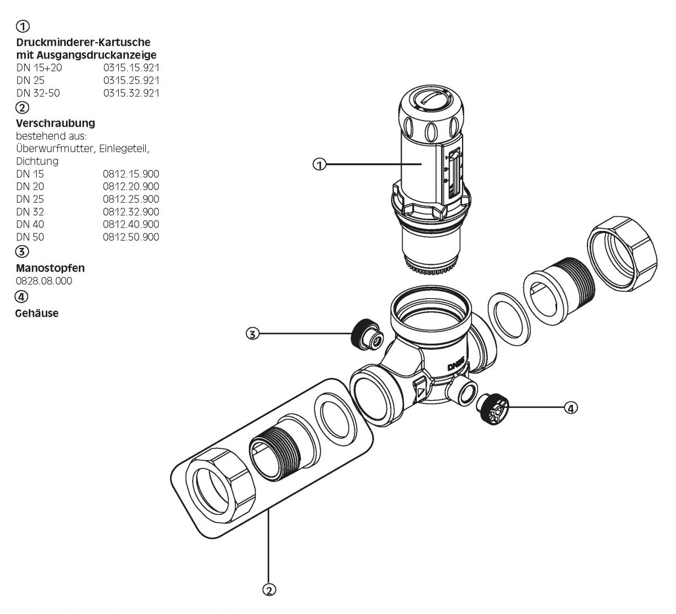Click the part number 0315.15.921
(131, 68)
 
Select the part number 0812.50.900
(131, 237)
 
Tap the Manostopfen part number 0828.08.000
(44, 281)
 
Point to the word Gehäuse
(37, 313)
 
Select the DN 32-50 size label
(38, 93)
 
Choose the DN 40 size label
(30, 224)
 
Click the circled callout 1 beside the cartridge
(319, 164)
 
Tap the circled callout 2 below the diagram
(269, 590)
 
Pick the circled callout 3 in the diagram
(253, 333)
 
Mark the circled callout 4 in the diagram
(571, 407)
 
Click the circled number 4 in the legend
(22, 296)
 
